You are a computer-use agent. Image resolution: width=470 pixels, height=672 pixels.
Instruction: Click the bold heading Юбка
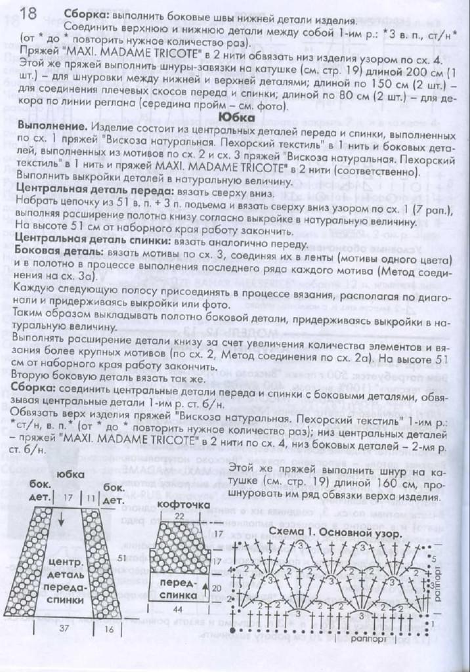[235, 115]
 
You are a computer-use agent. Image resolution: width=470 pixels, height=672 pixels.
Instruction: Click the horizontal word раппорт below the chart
[367, 635]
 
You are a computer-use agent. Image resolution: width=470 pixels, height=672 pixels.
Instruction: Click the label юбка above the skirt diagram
[67, 476]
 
